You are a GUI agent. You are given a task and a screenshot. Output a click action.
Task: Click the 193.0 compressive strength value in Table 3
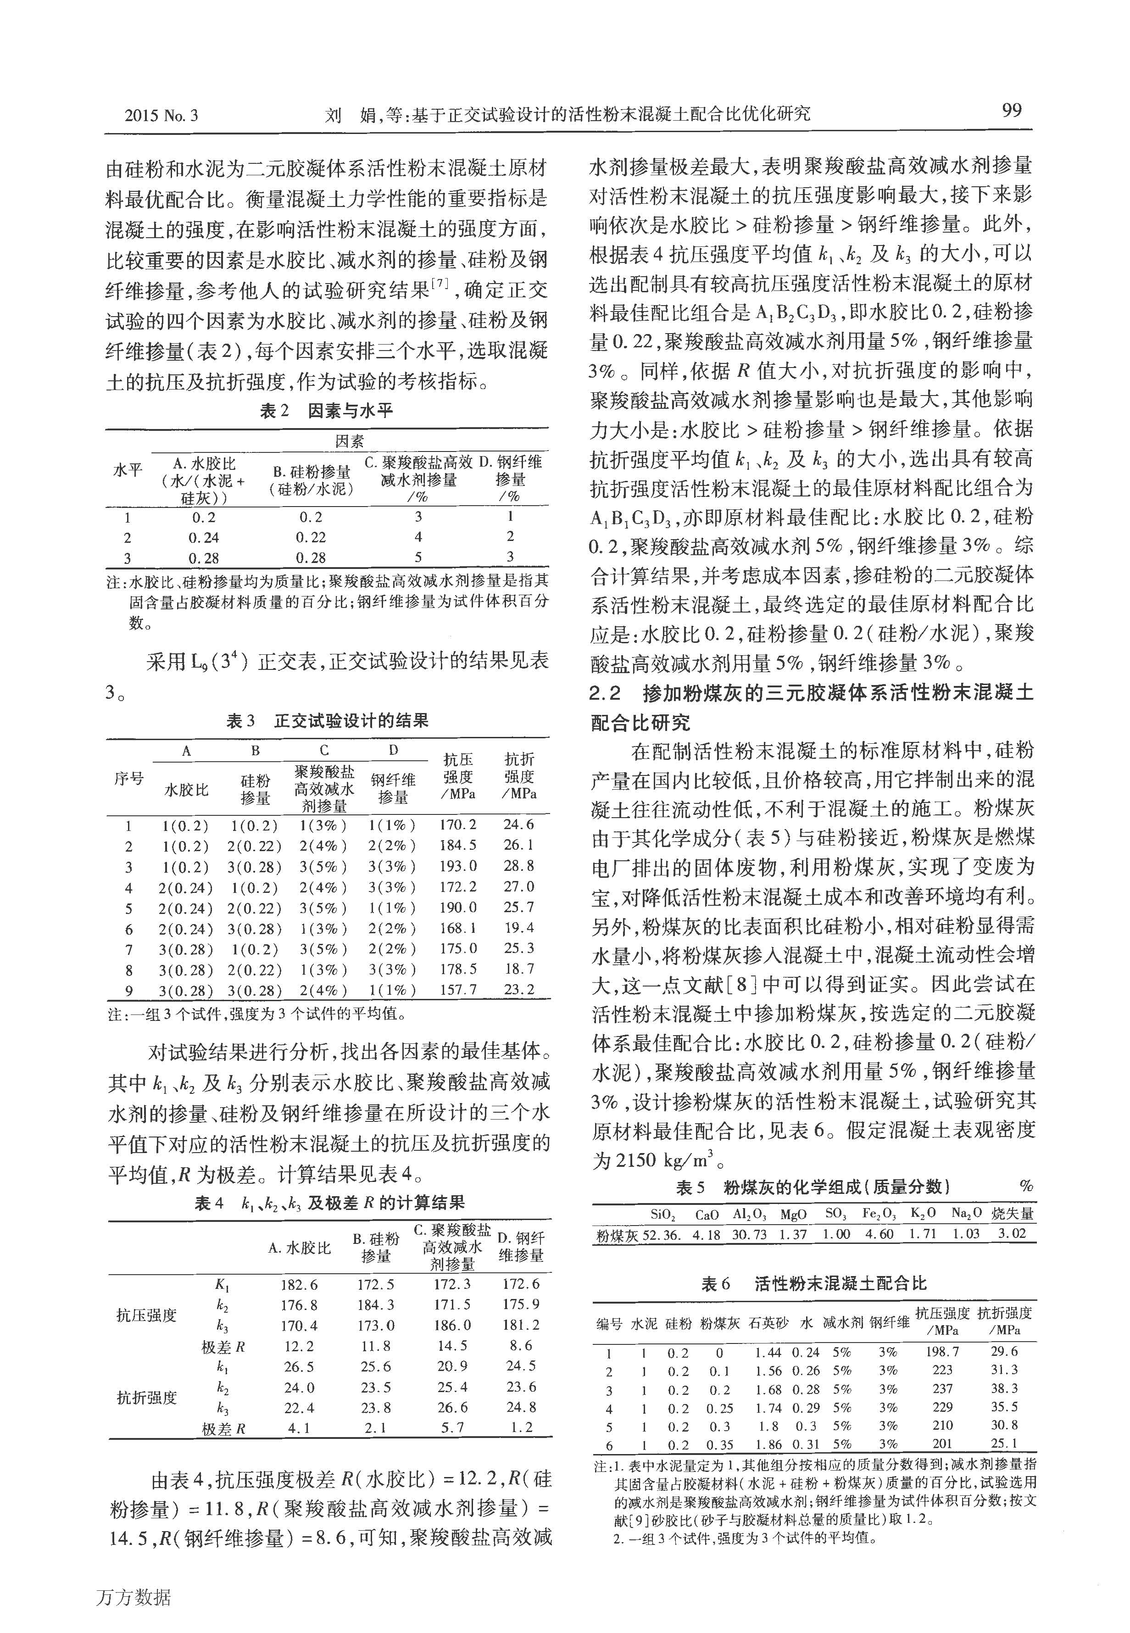tap(458, 866)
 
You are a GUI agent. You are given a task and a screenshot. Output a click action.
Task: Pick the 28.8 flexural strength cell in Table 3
tap(519, 866)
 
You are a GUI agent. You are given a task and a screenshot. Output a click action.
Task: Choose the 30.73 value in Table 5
tap(750, 1234)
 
